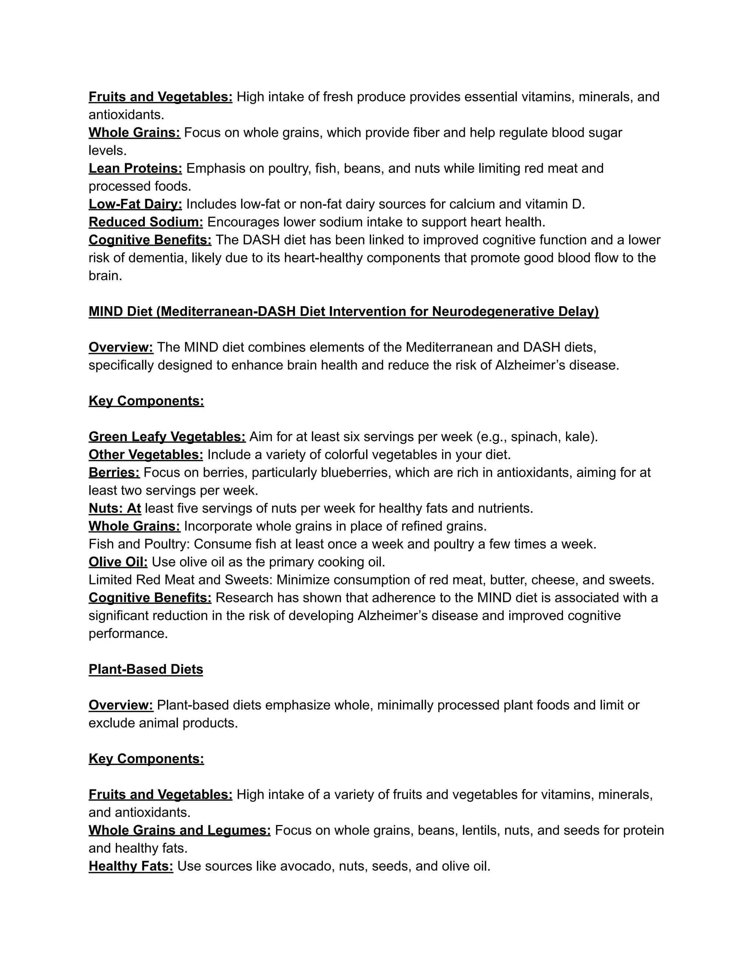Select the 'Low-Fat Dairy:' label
[x=135, y=204]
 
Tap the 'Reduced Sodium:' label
[x=146, y=222]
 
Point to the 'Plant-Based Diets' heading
[x=146, y=669]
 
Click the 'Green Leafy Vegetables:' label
[x=167, y=436]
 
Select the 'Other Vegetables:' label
[x=146, y=454]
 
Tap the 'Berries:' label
[x=114, y=472]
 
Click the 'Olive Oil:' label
[x=118, y=562]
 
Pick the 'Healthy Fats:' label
[x=131, y=866]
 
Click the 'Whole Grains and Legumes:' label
[x=179, y=830]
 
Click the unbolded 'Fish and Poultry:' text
[x=139, y=544]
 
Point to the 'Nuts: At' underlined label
[x=115, y=508]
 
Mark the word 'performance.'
[x=128, y=633]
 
